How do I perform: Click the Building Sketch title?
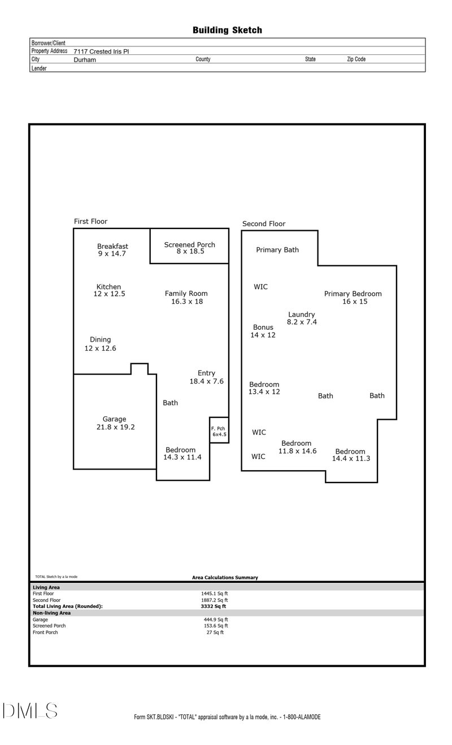[x=227, y=30]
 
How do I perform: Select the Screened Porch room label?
[x=190, y=244]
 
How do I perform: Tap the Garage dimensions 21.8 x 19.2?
[x=115, y=427]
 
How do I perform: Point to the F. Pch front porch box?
[x=219, y=431]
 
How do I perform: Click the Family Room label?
[x=186, y=294]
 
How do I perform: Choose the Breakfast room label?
[x=112, y=246]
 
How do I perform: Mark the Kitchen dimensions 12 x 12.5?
[x=109, y=294]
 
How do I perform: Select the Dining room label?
[x=100, y=339]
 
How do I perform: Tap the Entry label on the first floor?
[x=206, y=373]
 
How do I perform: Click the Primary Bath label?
[x=277, y=249]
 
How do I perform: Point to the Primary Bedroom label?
[x=353, y=294]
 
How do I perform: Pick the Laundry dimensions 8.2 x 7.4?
[x=302, y=322]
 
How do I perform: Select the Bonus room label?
[x=263, y=327]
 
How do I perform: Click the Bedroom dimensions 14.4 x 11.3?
[x=351, y=459]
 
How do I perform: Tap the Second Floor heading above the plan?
[x=264, y=223]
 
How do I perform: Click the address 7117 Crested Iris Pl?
[x=101, y=51]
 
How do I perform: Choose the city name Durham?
[x=85, y=59]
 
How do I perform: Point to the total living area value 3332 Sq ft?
[x=209, y=606]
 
